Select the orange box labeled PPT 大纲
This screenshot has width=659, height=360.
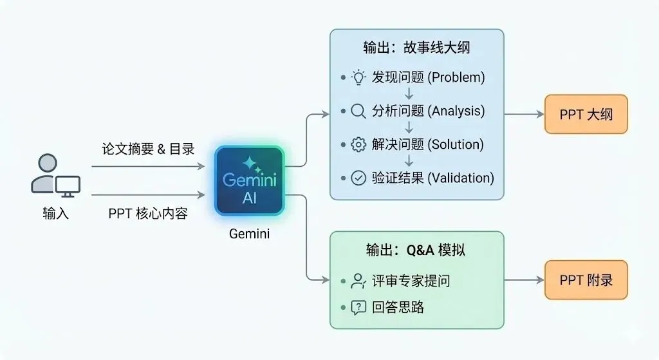(x=586, y=115)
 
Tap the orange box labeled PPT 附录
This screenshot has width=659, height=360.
(x=586, y=280)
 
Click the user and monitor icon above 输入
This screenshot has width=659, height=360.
(x=55, y=175)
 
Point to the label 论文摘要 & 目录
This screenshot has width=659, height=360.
(x=148, y=149)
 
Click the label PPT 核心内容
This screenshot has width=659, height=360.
(x=148, y=214)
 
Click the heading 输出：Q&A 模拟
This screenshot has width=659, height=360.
(x=416, y=250)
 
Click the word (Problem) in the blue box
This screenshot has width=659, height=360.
(x=456, y=78)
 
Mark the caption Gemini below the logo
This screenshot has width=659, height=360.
(x=249, y=234)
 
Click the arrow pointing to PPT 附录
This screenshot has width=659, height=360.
(x=524, y=280)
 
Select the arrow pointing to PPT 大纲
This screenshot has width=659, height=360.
(x=524, y=115)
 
